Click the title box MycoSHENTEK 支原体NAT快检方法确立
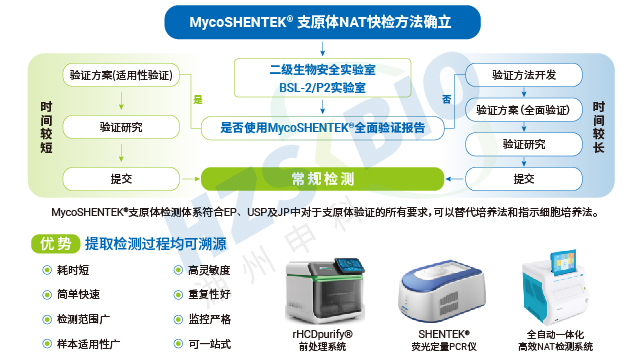pyautogui.click(x=320, y=21)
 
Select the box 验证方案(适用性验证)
pyautogui.click(x=120, y=76)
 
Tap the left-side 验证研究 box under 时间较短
pyautogui.click(x=120, y=127)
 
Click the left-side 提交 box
pyautogui.click(x=120, y=178)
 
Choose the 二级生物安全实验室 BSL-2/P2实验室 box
pyautogui.click(x=317, y=79)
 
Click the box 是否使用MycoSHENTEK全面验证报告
pyautogui.click(x=317, y=128)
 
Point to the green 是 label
pyautogui.click(x=198, y=99)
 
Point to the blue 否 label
pyautogui.click(x=445, y=99)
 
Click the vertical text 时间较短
pyautogui.click(x=46, y=127)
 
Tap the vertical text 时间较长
pyautogui.click(x=598, y=127)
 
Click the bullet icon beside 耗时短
pyautogui.click(x=46, y=271)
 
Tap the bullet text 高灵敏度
pyautogui.click(x=209, y=271)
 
